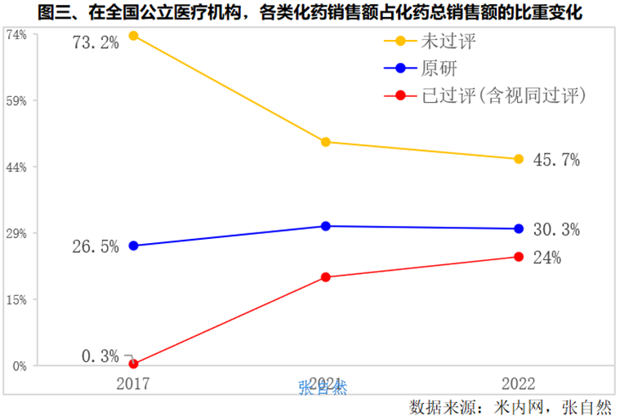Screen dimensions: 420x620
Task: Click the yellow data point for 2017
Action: click(x=133, y=36)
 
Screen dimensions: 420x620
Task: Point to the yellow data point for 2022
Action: click(x=518, y=159)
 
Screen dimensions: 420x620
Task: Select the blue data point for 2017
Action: click(x=133, y=245)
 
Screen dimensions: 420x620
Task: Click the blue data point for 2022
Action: click(x=518, y=229)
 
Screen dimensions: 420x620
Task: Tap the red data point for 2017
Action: click(x=133, y=365)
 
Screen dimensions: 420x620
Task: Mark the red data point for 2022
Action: click(x=518, y=257)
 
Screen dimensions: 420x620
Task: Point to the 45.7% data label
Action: click(x=555, y=161)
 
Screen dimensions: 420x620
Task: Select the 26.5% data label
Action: click(x=96, y=246)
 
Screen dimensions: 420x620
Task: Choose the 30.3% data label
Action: click(x=555, y=231)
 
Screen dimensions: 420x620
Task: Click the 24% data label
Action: click(x=547, y=259)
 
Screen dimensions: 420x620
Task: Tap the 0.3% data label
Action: click(x=100, y=356)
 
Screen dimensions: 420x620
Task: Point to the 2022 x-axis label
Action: click(x=518, y=382)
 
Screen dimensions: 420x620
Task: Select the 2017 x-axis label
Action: click(x=133, y=382)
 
